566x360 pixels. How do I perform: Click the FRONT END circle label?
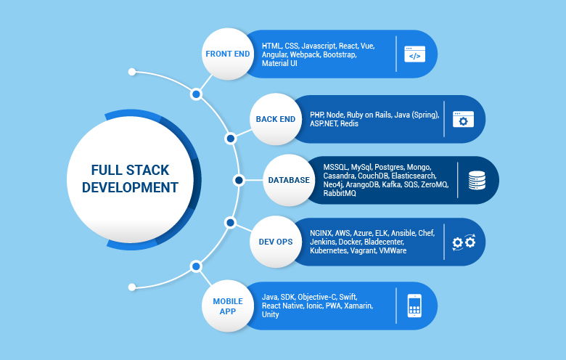click(226, 54)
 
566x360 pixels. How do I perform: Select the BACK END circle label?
click(276, 119)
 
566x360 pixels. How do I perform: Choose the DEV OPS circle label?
click(276, 241)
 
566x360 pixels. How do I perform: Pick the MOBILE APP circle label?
click(227, 306)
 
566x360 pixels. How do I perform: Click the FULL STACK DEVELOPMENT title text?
click(130, 179)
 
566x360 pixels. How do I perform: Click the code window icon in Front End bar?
click(414, 54)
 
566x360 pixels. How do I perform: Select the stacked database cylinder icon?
click(477, 180)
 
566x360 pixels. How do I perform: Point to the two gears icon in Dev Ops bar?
click(463, 242)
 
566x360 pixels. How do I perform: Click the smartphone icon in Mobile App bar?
click(414, 306)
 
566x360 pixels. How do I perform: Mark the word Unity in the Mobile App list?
click(271, 315)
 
